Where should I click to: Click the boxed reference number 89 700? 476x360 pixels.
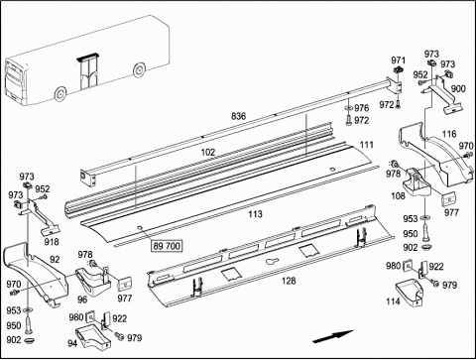pyautogui.click(x=167, y=246)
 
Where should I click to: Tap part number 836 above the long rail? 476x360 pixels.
pyautogui.click(x=238, y=116)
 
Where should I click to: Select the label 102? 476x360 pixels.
pyautogui.click(x=208, y=152)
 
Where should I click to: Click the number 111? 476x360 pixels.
pyautogui.click(x=367, y=145)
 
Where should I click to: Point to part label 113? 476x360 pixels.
pyautogui.click(x=255, y=214)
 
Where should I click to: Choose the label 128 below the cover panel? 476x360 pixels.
pyautogui.click(x=289, y=281)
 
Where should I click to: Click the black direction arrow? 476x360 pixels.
pyautogui.click(x=333, y=336)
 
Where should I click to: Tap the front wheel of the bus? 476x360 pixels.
pyautogui.click(x=60, y=94)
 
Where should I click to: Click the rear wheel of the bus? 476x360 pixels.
pyautogui.click(x=139, y=69)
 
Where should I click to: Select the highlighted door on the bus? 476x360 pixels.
pyautogui.click(x=87, y=72)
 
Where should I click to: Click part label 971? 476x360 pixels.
pyautogui.click(x=398, y=60)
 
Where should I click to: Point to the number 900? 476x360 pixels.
pyautogui.click(x=458, y=88)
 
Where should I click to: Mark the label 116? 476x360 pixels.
pyautogui.click(x=449, y=134)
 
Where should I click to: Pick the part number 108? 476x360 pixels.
pyautogui.click(x=398, y=196)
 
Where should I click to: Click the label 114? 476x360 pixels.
pyautogui.click(x=393, y=301)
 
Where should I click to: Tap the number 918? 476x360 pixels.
pyautogui.click(x=52, y=242)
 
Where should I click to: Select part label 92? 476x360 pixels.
pyautogui.click(x=55, y=260)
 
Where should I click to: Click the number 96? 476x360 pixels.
pyautogui.click(x=82, y=300)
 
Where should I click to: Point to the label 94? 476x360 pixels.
pyautogui.click(x=72, y=344)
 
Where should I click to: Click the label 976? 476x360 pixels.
pyautogui.click(x=362, y=108)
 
